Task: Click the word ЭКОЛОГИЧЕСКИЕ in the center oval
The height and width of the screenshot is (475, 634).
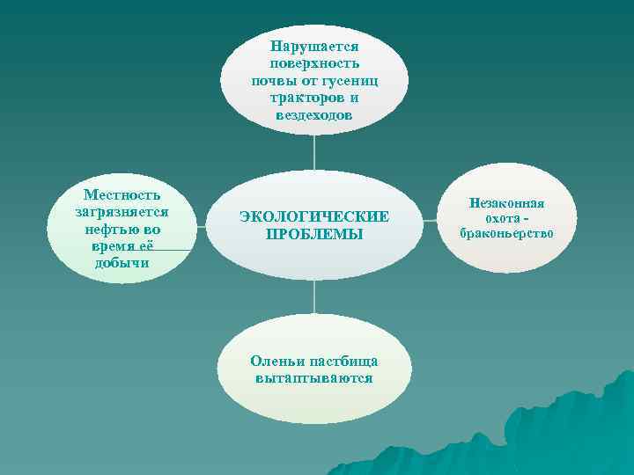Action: click(x=314, y=216)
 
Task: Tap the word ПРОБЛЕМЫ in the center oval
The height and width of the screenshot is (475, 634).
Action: click(x=314, y=235)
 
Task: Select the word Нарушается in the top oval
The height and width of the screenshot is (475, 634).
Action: click(x=314, y=45)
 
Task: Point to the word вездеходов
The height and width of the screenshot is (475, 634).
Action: click(x=314, y=116)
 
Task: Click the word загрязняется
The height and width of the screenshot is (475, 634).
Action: click(x=122, y=211)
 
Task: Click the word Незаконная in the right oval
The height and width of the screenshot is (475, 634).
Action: click(x=506, y=203)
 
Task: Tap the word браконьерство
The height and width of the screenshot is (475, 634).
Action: click(x=506, y=233)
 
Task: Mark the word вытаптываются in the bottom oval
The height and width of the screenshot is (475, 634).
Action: click(x=314, y=378)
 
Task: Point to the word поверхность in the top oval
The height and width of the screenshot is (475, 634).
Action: click(x=314, y=62)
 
